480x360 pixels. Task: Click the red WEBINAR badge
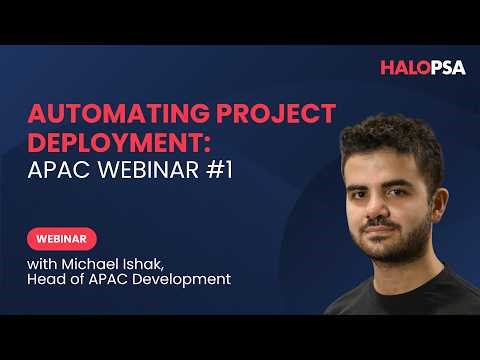62,239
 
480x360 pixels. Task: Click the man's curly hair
390,140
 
